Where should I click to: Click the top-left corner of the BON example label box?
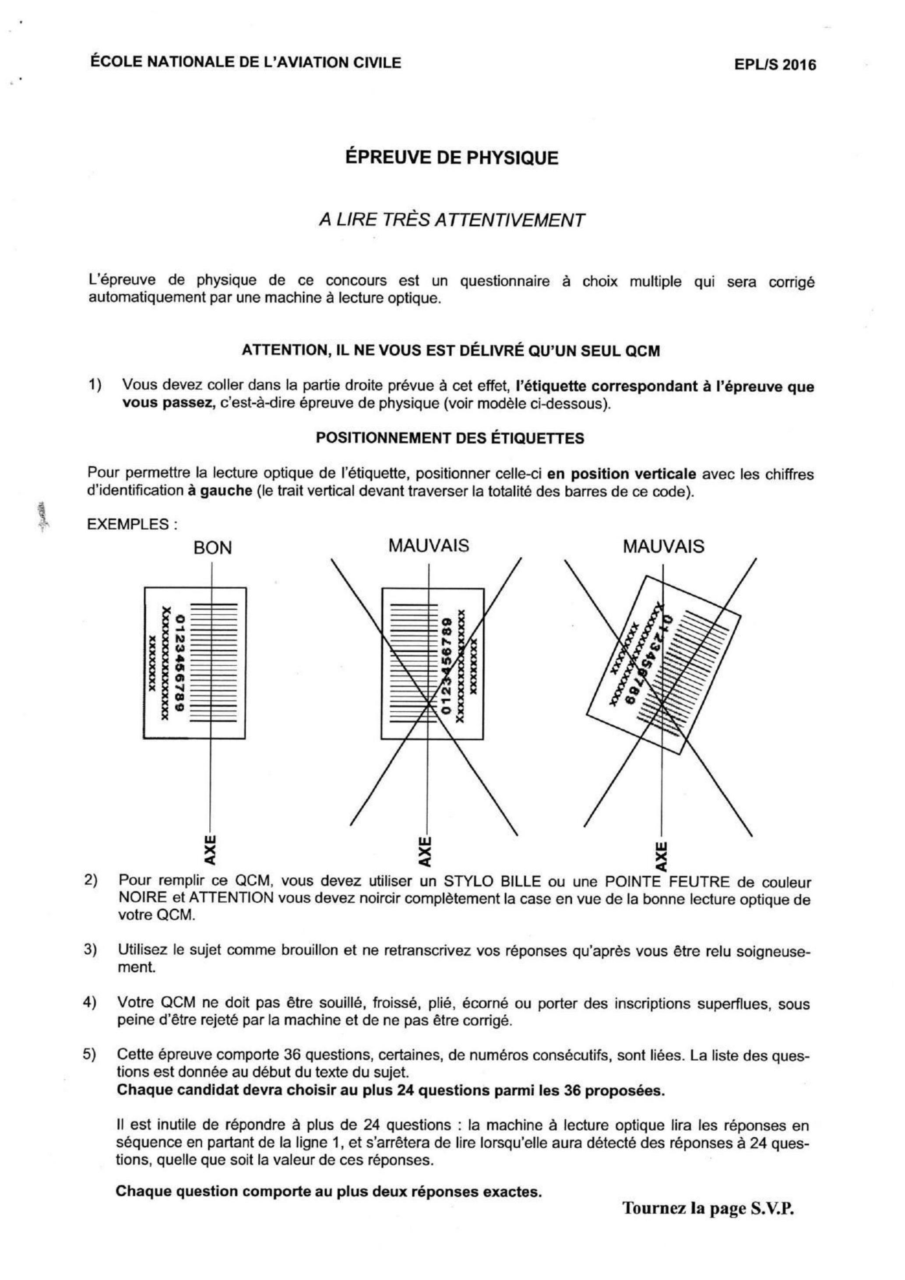pyautogui.click(x=145, y=587)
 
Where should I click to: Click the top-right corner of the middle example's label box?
pyautogui.click(x=483, y=588)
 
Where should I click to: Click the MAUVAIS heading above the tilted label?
pyautogui.click(x=664, y=546)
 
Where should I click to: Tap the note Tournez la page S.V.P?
pyautogui.click(x=708, y=1208)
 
